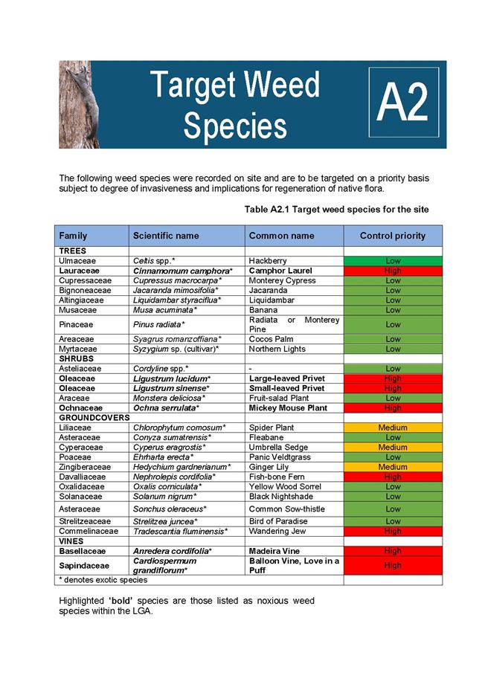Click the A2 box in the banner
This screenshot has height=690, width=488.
click(404, 102)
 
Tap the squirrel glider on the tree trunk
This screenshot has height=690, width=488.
click(85, 94)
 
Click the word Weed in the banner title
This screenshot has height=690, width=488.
click(282, 85)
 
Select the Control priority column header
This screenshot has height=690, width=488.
click(393, 236)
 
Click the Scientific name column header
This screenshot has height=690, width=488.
click(166, 236)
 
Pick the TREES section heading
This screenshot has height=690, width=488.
click(73, 251)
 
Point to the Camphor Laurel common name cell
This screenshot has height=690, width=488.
click(280, 271)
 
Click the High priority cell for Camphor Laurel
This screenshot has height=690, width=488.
click(393, 271)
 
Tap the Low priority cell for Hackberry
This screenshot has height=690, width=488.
click(393, 261)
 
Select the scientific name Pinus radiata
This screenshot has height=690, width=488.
click(159, 325)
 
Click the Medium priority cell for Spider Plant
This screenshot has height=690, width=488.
click(393, 428)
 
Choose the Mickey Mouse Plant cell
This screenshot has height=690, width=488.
click(288, 408)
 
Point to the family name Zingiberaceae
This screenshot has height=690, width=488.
click(85, 467)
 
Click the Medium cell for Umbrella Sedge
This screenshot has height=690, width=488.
click(393, 448)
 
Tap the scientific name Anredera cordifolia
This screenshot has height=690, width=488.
click(173, 551)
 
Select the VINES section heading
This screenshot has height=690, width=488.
click(71, 541)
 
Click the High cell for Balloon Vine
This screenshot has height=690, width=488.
click(393, 566)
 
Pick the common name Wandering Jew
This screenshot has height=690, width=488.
click(277, 531)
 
